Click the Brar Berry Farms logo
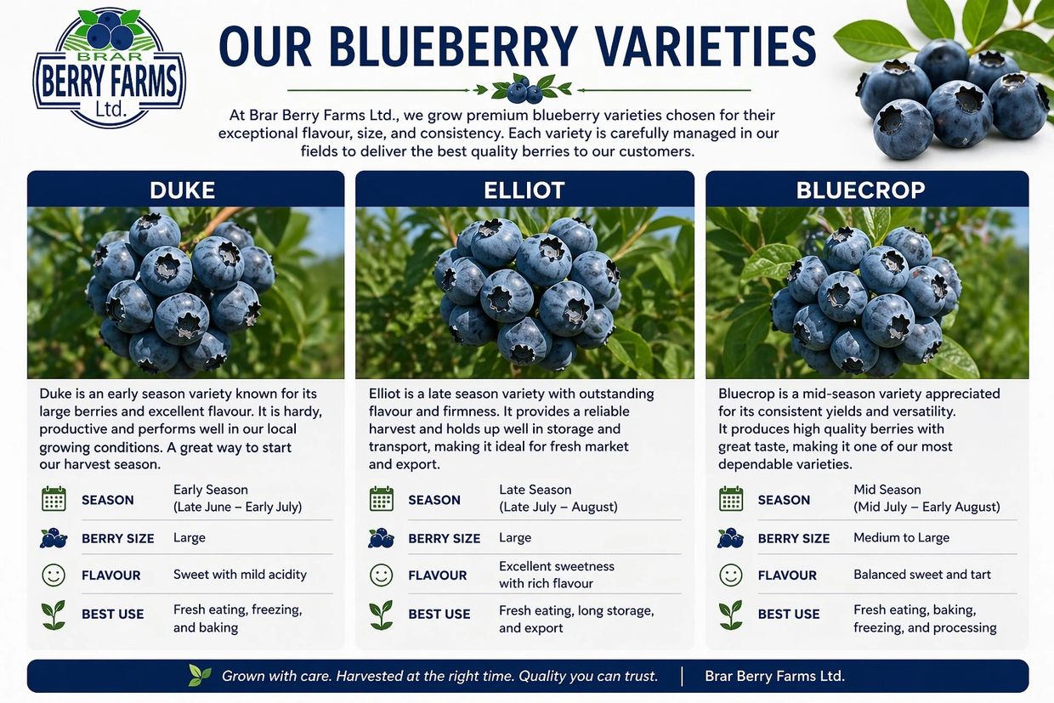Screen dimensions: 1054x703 click(x=109, y=68)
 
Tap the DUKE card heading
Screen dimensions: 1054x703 click(x=183, y=190)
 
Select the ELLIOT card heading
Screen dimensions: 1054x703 click(x=524, y=190)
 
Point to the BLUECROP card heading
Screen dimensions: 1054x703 click(x=860, y=190)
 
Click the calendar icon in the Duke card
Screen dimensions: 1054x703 click(x=54, y=499)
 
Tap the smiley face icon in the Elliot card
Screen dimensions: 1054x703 click(x=381, y=575)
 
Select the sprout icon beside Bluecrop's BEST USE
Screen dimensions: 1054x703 click(x=731, y=615)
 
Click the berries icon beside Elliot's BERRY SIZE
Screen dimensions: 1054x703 click(x=381, y=538)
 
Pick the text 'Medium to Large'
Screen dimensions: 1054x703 click(x=901, y=538)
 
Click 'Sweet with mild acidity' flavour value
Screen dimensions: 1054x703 click(x=240, y=575)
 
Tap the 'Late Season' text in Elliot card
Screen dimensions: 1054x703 click(x=535, y=490)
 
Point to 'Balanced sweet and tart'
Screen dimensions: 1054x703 click(x=922, y=575)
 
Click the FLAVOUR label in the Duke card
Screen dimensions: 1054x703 click(x=111, y=575)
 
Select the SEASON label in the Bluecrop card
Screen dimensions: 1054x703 click(x=784, y=500)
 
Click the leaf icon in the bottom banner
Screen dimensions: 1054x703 click(x=200, y=675)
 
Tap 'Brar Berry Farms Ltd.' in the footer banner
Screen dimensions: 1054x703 click(x=774, y=676)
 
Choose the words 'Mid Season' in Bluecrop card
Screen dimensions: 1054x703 click(x=887, y=490)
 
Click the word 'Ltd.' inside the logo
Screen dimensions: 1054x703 click(x=111, y=109)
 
